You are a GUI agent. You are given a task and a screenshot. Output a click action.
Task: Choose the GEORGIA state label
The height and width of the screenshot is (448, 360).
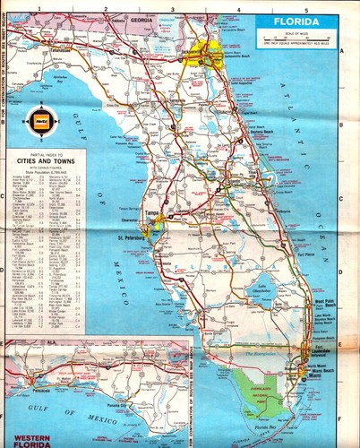point(140,18)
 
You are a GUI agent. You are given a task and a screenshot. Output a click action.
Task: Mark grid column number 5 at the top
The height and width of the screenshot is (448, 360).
point(305,8)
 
